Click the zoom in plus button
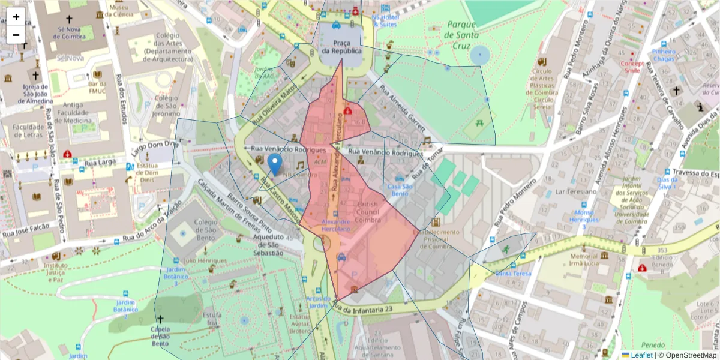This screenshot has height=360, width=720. (x=16, y=17)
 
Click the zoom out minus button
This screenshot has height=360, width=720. (x=16, y=35)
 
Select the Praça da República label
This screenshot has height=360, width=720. (x=341, y=47)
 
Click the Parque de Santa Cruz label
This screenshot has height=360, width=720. (x=461, y=29)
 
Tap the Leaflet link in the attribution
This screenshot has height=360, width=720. (x=641, y=355)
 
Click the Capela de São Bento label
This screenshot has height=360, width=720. (x=160, y=336)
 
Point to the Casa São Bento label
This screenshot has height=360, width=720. (x=400, y=190)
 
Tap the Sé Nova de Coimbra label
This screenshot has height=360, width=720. (x=71, y=32)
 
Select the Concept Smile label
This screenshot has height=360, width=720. (x=632, y=67)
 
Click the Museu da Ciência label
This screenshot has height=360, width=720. (x=119, y=10)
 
